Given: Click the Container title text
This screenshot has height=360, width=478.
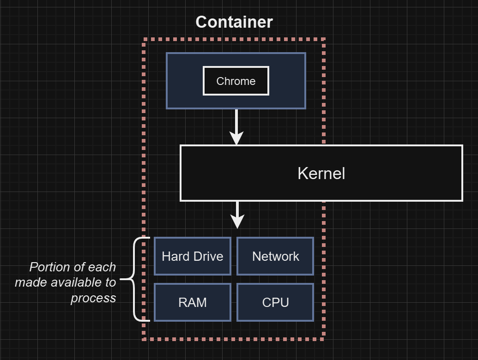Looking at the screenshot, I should click(x=234, y=22).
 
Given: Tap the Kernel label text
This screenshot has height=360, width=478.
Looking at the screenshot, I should click(x=321, y=174).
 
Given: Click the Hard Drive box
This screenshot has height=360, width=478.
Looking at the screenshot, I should click(x=192, y=256).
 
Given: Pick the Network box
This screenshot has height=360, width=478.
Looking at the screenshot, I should click(x=275, y=256).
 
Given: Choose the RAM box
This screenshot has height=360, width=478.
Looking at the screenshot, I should click(x=192, y=302).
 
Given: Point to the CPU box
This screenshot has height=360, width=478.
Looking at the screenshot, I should click(x=275, y=302).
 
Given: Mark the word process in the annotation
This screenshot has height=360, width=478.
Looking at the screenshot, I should click(x=93, y=298).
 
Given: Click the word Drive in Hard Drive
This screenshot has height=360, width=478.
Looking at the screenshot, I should click(x=209, y=257).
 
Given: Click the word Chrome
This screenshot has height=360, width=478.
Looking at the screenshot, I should click(x=236, y=81).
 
